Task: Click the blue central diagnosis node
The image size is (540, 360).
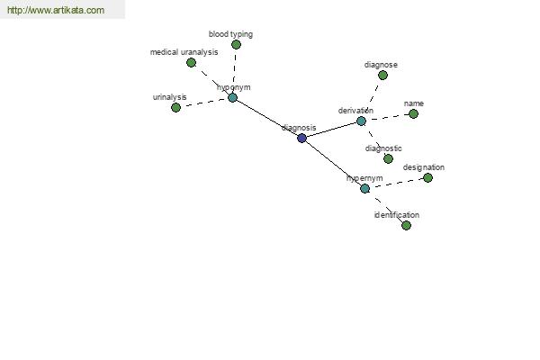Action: (301, 138)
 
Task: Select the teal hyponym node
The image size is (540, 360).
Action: (232, 97)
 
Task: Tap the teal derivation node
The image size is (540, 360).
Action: (361, 121)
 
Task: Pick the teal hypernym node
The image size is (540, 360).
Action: (364, 188)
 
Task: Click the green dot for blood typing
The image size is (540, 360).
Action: (236, 44)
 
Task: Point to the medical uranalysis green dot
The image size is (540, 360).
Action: (191, 62)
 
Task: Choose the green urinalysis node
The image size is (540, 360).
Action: (175, 107)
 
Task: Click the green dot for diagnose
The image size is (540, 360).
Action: (382, 75)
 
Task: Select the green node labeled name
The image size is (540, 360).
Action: (413, 113)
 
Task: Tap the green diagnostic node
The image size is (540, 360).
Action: (388, 158)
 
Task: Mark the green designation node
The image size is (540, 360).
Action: (427, 177)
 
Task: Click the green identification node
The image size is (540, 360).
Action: (406, 225)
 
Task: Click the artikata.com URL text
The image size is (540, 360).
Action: (55, 11)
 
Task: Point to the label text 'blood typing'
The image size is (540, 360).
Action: (230, 34)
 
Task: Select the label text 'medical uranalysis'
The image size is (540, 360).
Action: (184, 52)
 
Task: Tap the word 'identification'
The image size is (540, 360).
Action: (397, 215)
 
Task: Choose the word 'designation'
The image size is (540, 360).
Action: (423, 167)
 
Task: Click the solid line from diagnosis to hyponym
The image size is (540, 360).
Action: (267, 118)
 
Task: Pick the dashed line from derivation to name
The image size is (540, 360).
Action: (387, 117)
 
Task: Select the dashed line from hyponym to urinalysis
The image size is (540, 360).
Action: (204, 102)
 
